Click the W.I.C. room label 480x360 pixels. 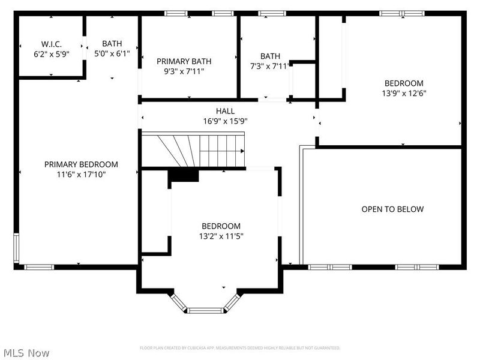click(52, 44)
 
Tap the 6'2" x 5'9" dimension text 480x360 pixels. click(52, 53)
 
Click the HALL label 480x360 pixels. click(226, 111)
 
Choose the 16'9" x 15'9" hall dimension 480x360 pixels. click(226, 121)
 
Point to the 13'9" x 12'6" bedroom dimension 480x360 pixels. click(404, 93)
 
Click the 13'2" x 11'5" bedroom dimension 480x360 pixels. click(221, 236)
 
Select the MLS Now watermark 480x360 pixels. click(26, 353)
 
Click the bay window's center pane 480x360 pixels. click(206, 310)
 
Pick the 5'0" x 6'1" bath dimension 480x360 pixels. click(112, 53)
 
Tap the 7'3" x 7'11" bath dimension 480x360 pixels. click(269, 66)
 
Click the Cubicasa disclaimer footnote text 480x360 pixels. click(240, 348)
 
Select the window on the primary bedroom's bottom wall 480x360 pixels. click(40, 266)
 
